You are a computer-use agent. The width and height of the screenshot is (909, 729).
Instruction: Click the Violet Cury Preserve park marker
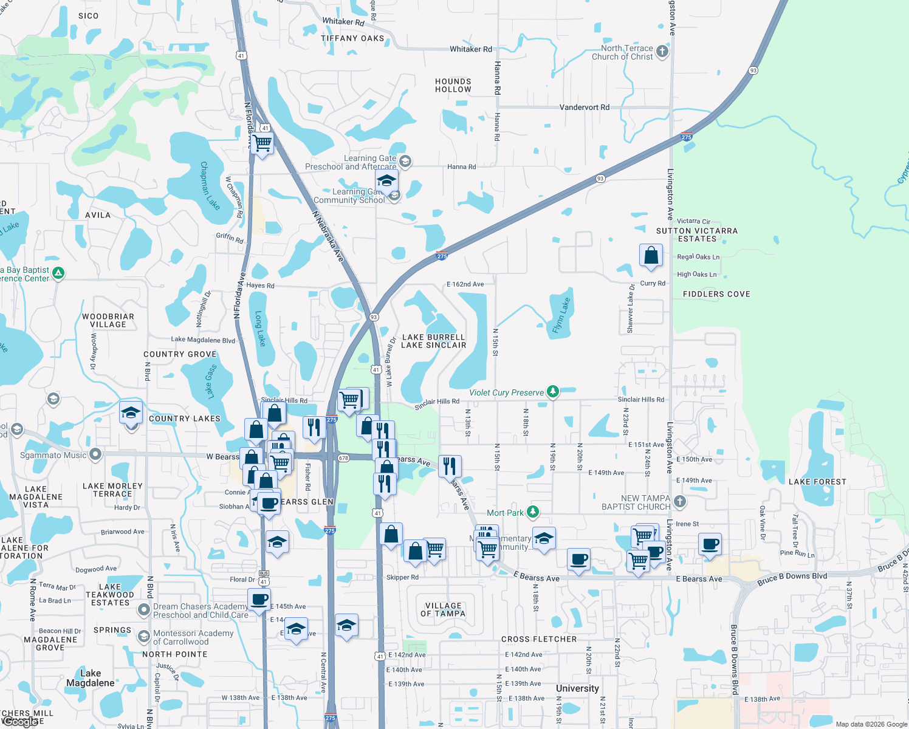coord(552,392)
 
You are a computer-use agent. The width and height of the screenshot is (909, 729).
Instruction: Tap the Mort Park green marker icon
coord(533,512)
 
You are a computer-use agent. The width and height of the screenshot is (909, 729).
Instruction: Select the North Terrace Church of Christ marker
coord(662,52)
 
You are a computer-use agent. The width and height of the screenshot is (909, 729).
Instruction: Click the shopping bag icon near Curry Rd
coord(651,255)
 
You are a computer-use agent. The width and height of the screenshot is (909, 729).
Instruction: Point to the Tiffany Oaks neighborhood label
coord(352,38)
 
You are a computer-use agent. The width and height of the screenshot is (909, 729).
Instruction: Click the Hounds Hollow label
coord(453,85)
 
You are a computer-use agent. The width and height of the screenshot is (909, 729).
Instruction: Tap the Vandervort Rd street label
coord(584,107)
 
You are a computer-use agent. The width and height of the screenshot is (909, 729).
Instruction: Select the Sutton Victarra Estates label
coord(697,234)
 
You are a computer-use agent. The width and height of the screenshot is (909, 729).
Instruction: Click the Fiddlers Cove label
coord(716,294)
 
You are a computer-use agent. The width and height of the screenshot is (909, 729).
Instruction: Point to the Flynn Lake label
coord(561,315)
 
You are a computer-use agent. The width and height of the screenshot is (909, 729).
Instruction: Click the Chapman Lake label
coord(209,185)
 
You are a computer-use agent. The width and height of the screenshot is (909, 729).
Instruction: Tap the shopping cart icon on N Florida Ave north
coord(262,143)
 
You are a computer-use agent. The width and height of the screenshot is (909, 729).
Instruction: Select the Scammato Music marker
coord(95,454)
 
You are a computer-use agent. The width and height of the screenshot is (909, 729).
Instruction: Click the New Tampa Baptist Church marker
coord(680,502)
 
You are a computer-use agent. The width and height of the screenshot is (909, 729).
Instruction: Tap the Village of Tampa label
coord(443,609)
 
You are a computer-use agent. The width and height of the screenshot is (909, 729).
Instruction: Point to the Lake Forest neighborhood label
coord(817,482)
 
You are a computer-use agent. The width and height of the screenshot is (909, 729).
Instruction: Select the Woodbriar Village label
coord(108,320)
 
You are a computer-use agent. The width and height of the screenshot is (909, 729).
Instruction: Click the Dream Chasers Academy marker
coord(144,609)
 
